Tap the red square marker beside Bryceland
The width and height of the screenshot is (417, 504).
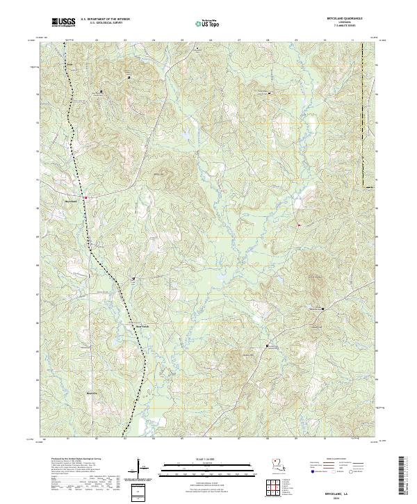coord(85,198)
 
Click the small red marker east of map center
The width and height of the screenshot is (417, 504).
coord(299,225)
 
